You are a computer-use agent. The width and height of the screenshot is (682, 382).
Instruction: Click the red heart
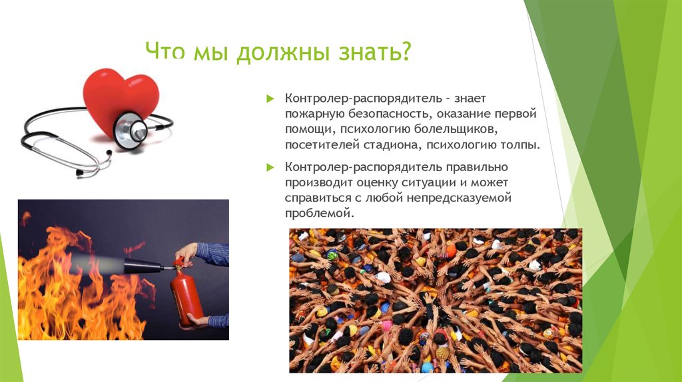[x=120, y=100]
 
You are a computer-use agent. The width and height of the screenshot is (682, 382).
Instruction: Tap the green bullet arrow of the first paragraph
[x=270, y=98]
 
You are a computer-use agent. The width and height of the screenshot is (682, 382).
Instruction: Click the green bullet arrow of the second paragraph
[x=270, y=166]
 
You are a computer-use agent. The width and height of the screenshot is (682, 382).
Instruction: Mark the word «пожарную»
[x=311, y=114]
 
